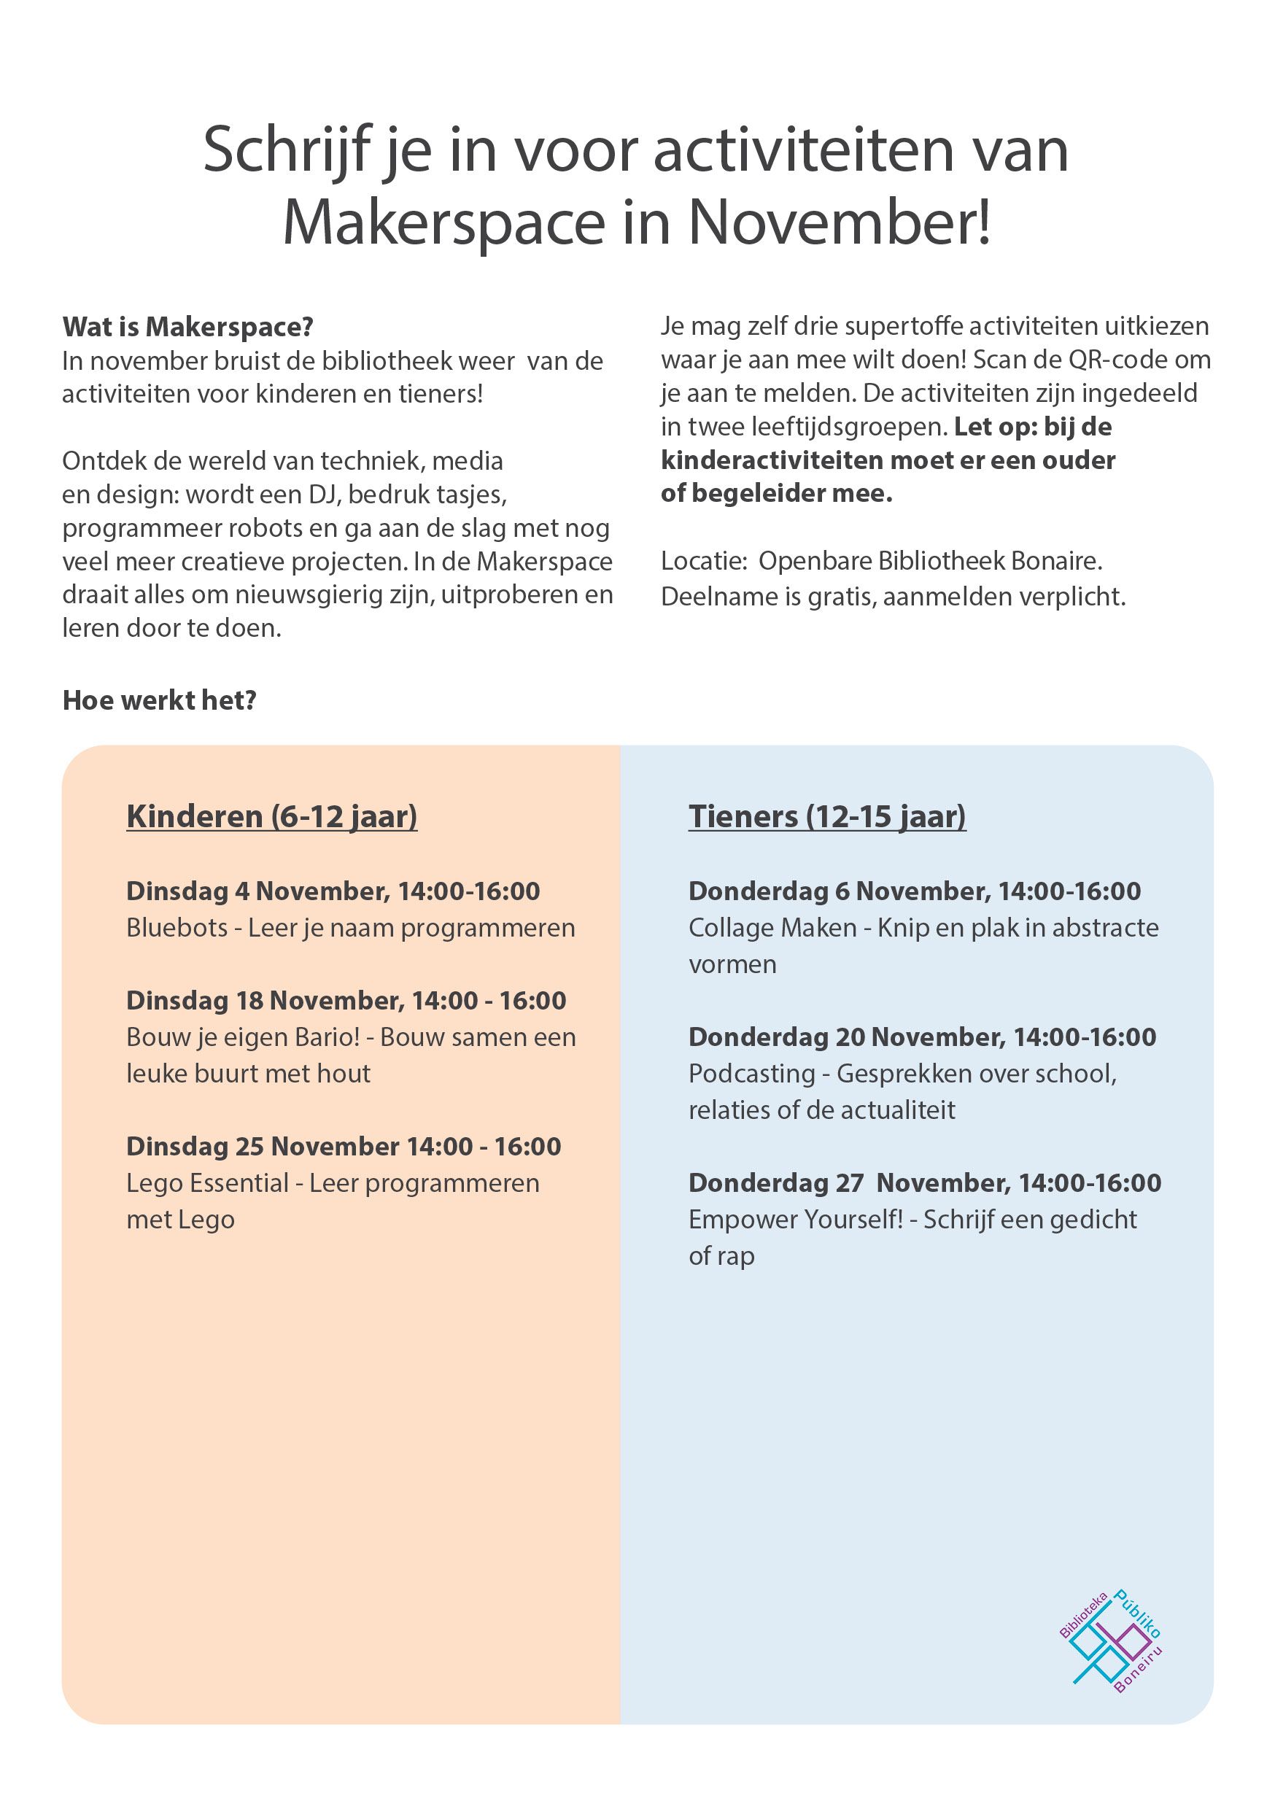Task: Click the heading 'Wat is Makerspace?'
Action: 187,327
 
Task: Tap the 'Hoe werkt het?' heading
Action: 159,700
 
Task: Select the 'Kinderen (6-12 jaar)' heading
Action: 272,816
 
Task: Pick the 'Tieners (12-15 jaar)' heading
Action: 826,816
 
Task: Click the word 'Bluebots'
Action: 177,928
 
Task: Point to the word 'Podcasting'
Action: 752,1074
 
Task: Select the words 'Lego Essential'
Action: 207,1183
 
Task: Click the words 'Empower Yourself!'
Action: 796,1220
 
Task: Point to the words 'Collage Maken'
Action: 772,928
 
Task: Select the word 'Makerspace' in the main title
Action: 443,224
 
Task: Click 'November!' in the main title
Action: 840,224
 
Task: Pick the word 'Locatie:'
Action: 704,561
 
